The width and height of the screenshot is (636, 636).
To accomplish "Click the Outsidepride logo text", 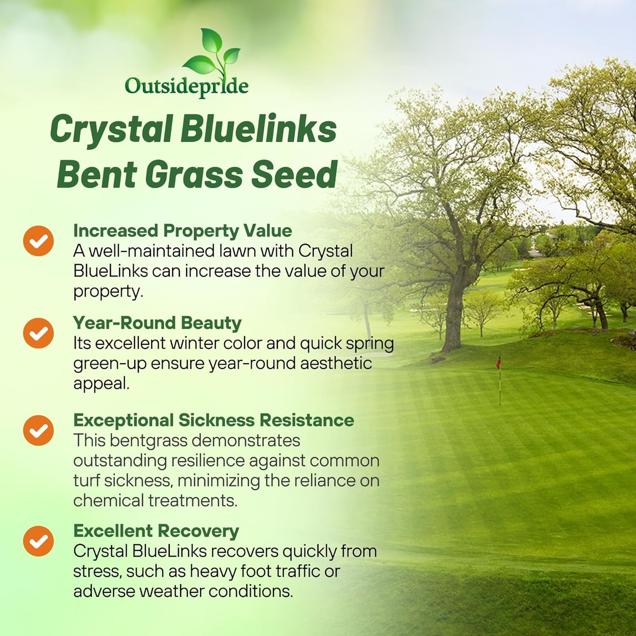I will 187,86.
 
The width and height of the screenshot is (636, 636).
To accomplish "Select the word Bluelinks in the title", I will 259,129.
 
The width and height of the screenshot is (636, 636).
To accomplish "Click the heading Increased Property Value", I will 182,231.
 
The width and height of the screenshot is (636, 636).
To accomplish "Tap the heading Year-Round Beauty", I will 157,323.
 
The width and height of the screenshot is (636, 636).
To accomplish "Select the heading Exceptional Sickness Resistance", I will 214,420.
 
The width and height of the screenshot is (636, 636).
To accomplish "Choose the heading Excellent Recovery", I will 156,531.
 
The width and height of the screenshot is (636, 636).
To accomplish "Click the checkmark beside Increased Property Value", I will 39,241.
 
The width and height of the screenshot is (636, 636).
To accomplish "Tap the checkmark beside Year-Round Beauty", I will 39,333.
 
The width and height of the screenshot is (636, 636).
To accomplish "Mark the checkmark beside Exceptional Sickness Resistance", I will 39,430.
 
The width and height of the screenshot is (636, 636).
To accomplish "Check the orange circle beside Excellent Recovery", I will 39,541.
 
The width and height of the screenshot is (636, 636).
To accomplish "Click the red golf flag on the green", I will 499,363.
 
